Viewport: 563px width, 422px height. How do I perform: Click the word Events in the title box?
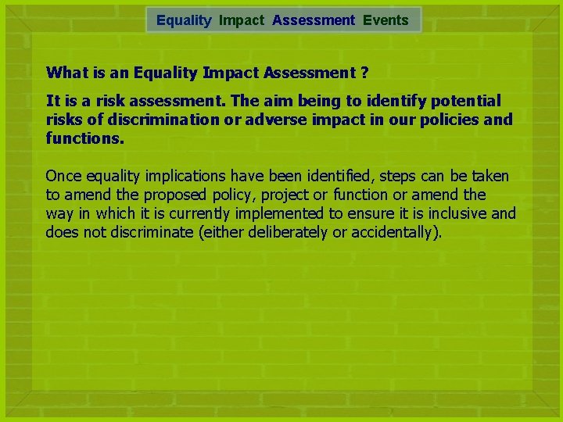coord(385,20)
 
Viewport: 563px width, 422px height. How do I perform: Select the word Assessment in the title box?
coord(314,20)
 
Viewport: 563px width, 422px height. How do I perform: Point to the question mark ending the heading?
coord(364,73)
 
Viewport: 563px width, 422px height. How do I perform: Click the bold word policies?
coord(451,120)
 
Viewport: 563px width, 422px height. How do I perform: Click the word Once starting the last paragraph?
coord(63,176)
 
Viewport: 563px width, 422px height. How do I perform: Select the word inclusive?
coord(460,213)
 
